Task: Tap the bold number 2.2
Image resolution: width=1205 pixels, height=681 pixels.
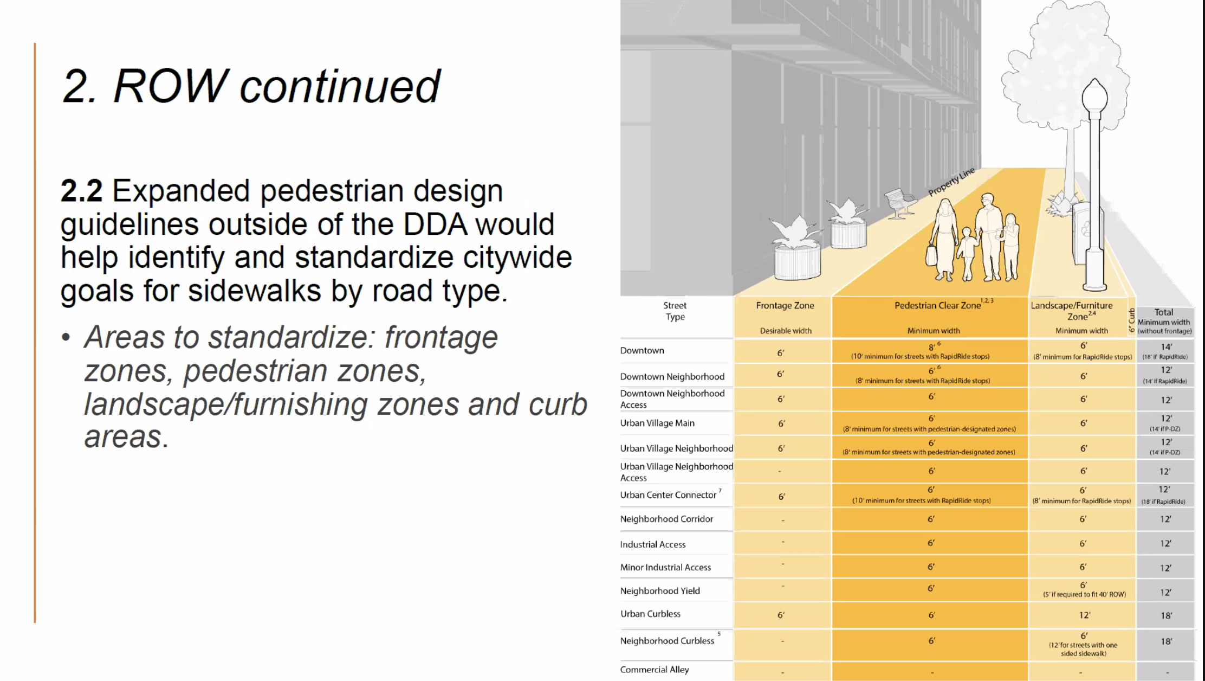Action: [81, 191]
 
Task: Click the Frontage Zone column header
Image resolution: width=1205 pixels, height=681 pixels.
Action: [785, 306]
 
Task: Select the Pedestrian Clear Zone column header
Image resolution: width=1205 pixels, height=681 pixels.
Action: [937, 306]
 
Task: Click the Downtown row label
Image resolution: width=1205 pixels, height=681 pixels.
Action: [642, 351]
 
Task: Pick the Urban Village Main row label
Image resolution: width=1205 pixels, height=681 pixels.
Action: [657, 423]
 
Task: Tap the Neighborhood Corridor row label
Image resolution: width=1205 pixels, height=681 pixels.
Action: [666, 519]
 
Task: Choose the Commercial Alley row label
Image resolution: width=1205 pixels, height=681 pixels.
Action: [655, 670]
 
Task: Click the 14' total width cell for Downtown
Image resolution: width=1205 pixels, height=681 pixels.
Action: [1166, 347]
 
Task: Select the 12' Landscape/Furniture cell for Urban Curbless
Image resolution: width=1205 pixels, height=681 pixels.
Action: [1084, 615]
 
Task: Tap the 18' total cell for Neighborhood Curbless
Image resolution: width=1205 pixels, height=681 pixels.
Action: [1166, 641]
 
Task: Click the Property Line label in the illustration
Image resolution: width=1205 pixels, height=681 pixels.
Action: [951, 182]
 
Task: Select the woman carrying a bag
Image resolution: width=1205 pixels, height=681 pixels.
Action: [943, 239]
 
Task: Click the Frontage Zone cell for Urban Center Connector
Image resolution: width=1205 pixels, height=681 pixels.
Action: [781, 497]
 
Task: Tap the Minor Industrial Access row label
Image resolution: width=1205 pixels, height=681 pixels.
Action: [665, 568]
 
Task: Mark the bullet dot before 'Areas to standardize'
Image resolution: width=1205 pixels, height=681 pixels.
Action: [66, 337]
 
